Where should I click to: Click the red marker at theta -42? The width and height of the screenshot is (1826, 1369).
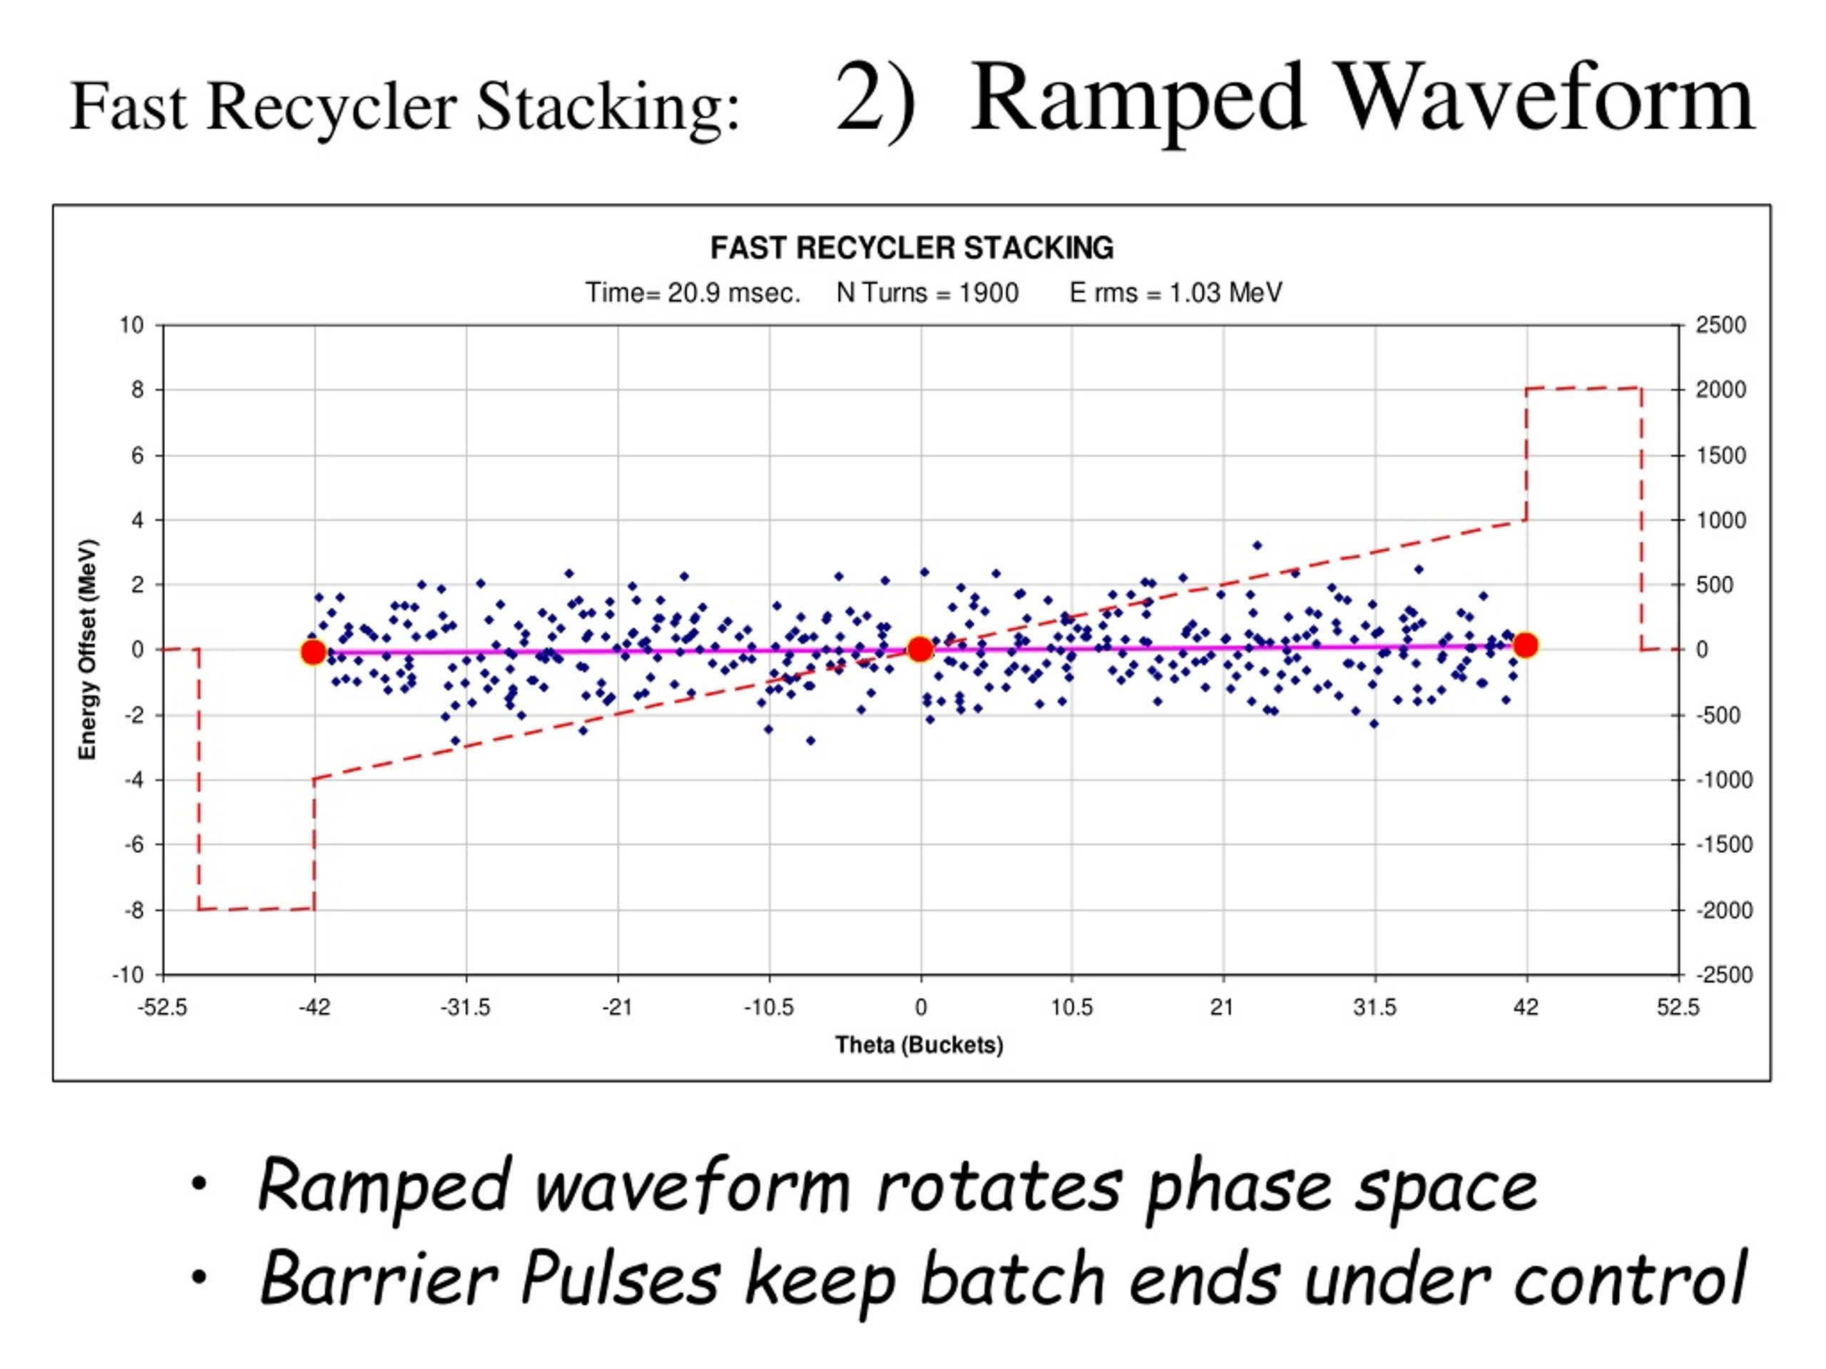click(x=313, y=652)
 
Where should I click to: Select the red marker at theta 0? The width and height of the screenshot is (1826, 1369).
click(x=919, y=650)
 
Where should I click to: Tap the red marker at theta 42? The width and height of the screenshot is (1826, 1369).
click(x=1526, y=645)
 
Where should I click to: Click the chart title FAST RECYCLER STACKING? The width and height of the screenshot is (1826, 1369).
click(x=912, y=247)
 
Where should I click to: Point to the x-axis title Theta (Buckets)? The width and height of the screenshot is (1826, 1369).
click(x=919, y=1045)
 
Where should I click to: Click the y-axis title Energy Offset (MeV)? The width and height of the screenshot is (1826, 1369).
click(x=88, y=650)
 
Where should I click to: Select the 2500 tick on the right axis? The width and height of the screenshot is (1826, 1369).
click(x=1720, y=325)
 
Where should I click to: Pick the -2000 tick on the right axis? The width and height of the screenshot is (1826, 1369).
click(x=1723, y=911)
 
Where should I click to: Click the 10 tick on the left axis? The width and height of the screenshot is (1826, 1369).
click(x=131, y=325)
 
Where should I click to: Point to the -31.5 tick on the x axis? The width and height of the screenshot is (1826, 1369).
click(x=466, y=1007)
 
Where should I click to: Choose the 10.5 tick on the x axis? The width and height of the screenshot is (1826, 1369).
click(x=1071, y=1007)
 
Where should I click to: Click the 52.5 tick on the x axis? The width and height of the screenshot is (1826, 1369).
click(x=1678, y=1007)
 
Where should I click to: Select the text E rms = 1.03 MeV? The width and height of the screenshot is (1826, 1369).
click(x=1175, y=293)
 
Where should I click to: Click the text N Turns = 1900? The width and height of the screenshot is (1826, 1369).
click(x=927, y=293)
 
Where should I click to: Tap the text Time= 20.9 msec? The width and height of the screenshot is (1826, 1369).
click(x=693, y=293)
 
